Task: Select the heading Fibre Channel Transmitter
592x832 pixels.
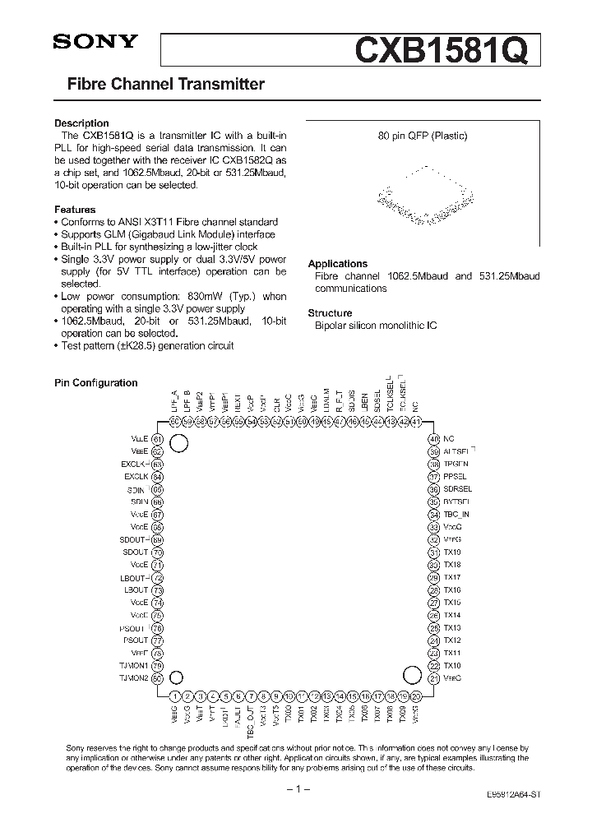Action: [165, 84]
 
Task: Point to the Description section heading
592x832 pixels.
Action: [81, 123]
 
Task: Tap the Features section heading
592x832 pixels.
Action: [75, 210]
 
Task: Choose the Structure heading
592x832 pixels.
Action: [330, 313]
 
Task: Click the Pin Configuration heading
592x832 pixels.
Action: [96, 383]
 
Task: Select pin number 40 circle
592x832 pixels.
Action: [432, 439]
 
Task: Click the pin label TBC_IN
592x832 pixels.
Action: [456, 515]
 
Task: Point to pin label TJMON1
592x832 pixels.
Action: [134, 665]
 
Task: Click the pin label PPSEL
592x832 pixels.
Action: [455, 477]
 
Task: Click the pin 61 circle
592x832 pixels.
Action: [158, 439]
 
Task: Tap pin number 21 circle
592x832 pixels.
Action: [432, 677]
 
